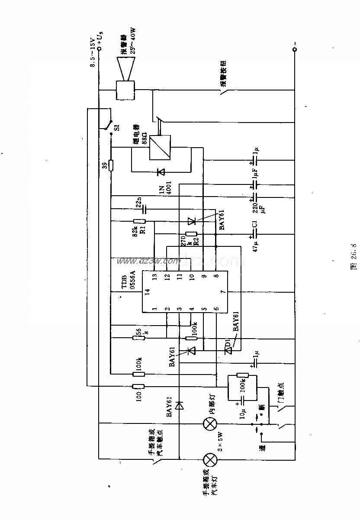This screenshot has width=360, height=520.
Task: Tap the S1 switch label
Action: pos(116,128)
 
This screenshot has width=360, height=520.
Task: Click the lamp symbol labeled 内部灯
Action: pos(210,424)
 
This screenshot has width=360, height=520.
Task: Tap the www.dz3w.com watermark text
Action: pos(147,261)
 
